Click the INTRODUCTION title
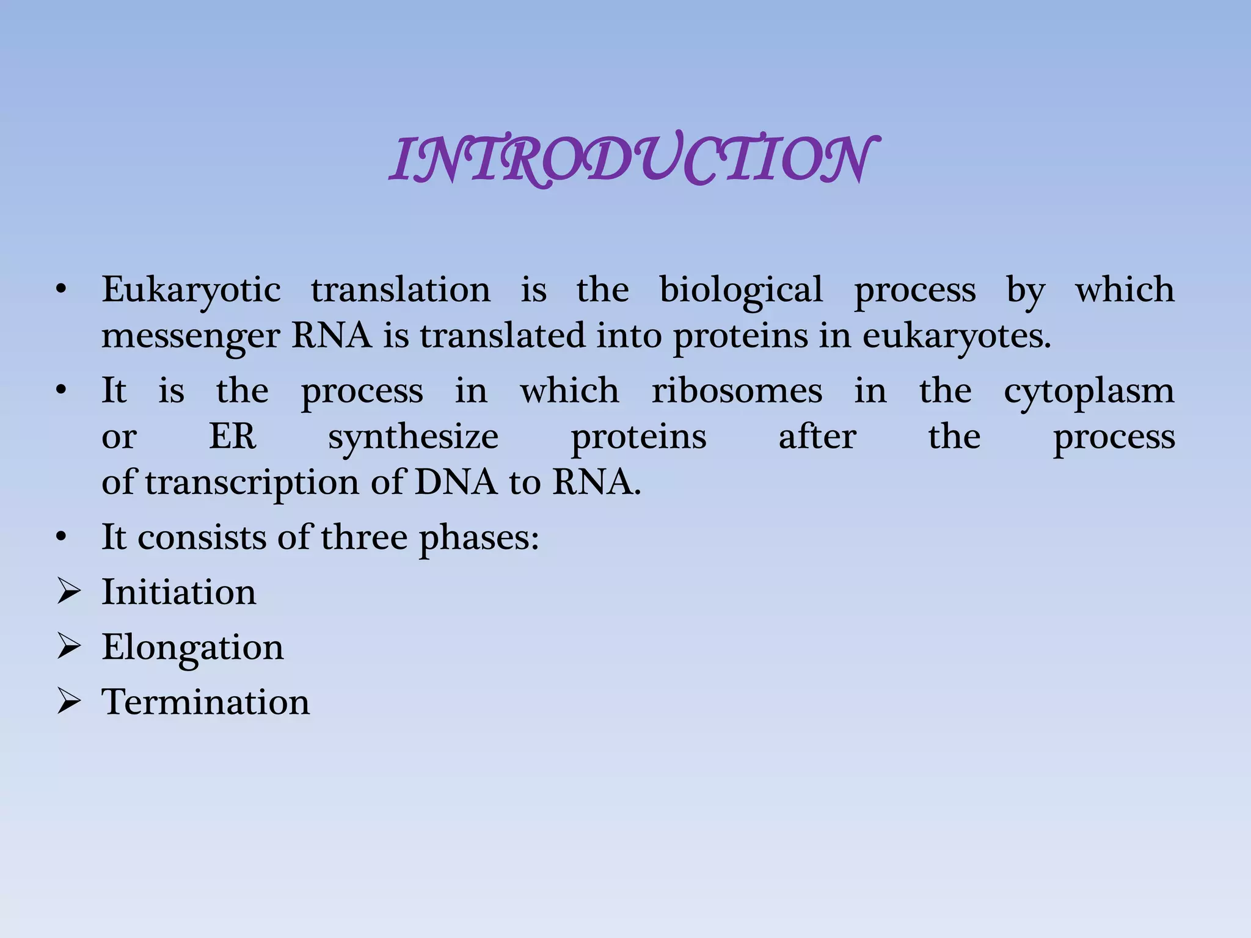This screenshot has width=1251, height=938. (x=634, y=160)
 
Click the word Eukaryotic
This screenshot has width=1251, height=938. (x=191, y=290)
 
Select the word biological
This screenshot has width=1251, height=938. (x=741, y=290)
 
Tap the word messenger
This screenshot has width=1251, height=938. (x=190, y=337)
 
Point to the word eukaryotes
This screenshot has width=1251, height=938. (x=956, y=337)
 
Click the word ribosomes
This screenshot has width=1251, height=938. (x=737, y=391)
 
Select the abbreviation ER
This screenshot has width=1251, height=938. (x=233, y=437)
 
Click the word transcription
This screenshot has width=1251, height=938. (x=252, y=483)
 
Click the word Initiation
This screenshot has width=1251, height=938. (x=179, y=592)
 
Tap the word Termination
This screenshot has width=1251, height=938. (x=205, y=702)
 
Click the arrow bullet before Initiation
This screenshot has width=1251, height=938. (x=68, y=592)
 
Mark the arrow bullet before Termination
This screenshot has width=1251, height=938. (x=68, y=702)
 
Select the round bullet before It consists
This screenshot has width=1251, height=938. (x=60, y=538)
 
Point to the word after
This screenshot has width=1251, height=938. (x=817, y=437)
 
